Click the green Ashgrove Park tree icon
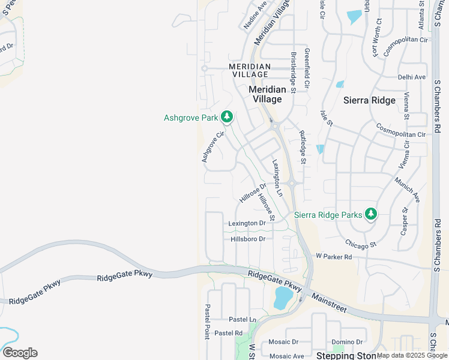point(226,116)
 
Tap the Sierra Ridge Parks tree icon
point(371,214)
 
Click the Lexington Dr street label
point(247,223)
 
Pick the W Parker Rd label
point(333,256)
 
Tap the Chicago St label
point(360,244)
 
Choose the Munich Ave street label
point(408,189)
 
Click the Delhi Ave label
point(411,77)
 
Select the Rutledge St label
point(303,148)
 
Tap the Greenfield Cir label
point(307,68)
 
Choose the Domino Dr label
point(348,341)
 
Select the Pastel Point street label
point(207,322)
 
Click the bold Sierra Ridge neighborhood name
point(369,100)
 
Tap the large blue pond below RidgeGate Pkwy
point(283,298)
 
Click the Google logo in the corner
point(20,353)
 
